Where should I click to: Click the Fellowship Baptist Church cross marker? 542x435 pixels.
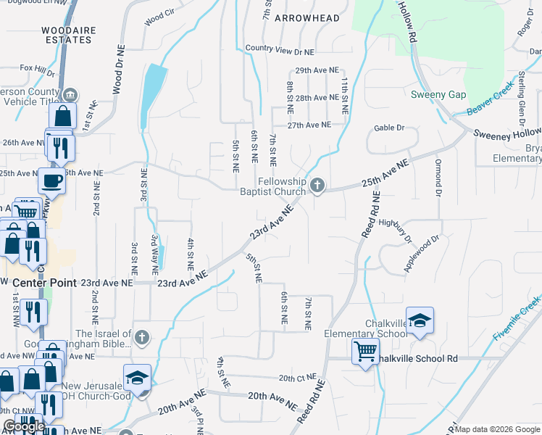(317, 187)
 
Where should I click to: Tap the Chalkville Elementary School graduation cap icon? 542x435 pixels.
(420, 320)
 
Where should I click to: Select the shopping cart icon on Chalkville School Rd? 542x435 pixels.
(365, 352)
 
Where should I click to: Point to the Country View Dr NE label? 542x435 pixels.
(279, 51)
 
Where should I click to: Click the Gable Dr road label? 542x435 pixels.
(388, 128)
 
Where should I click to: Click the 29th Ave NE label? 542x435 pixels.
(317, 70)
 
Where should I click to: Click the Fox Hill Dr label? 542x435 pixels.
(38, 70)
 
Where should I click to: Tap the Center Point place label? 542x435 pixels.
(45, 283)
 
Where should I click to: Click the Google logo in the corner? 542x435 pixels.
(24, 426)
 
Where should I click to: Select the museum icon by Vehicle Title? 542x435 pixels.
(70, 95)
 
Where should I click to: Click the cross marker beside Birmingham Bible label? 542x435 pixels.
(142, 337)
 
